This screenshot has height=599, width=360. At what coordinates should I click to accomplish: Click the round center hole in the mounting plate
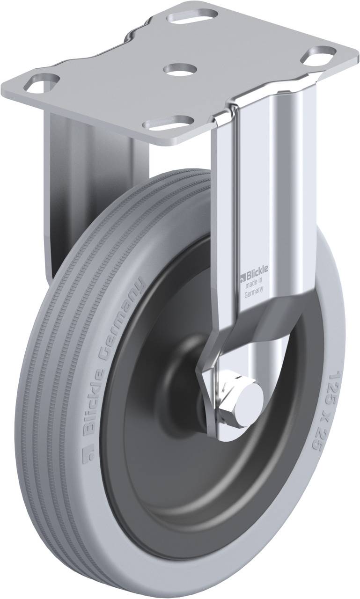pyautogui.click(x=178, y=68)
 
